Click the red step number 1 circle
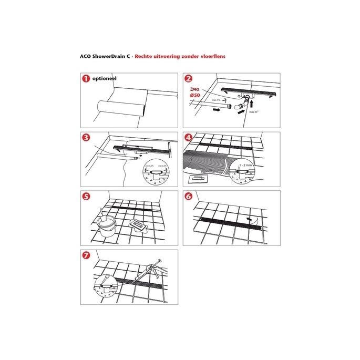click(x=85, y=79)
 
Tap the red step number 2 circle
click(x=188, y=79)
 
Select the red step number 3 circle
click(x=85, y=138)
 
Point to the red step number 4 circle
click(x=188, y=138)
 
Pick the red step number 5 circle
click(x=85, y=197)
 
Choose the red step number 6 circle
click(x=188, y=197)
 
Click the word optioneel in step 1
click(x=104, y=79)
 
